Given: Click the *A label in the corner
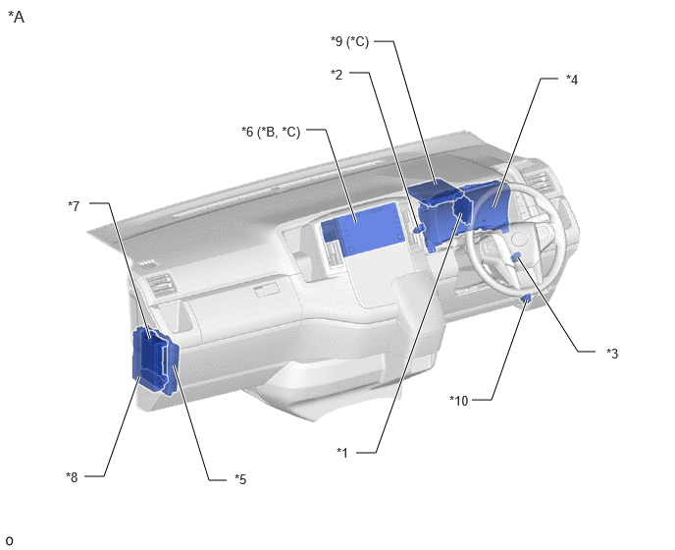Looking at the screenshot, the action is [16, 18].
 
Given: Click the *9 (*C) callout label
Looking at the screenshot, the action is [349, 41].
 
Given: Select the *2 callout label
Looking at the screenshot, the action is [337, 75].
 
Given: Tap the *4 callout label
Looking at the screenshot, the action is [572, 80].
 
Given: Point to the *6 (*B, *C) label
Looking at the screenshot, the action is [271, 132].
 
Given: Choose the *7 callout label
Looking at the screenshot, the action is [74, 206].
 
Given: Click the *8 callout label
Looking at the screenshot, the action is [72, 477].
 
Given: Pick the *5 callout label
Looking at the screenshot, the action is [240, 479].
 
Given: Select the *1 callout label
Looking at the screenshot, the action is [341, 452].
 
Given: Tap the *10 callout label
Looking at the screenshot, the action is [458, 401].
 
